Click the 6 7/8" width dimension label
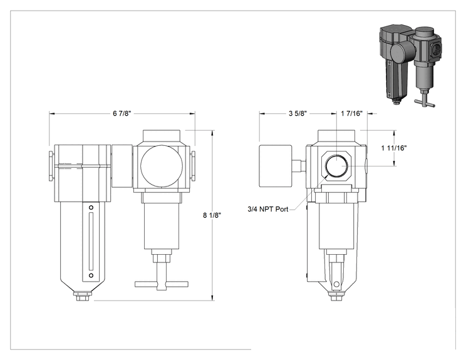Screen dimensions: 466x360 (x=122, y=113)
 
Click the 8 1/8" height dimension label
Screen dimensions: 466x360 (x=212, y=215)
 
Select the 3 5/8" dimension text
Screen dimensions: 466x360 (x=298, y=113)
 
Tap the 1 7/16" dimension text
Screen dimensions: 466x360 (x=352, y=113)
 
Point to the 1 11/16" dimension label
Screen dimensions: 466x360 (x=394, y=148)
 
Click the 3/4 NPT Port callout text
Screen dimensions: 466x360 (x=268, y=209)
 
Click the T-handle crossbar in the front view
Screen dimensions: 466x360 (x=162, y=284)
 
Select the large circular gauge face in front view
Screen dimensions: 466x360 (x=162, y=167)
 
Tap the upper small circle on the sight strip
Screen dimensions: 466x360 (x=91, y=207)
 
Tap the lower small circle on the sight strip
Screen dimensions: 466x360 (x=91, y=275)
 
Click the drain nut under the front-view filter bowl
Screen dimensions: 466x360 (x=84, y=296)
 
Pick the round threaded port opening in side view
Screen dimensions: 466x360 (x=337, y=166)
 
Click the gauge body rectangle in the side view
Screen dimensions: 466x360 (x=276, y=166)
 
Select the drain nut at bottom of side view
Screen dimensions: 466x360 (x=337, y=296)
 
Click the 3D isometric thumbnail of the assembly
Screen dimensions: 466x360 (x=410, y=65)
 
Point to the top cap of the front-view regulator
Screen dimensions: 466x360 (x=162, y=137)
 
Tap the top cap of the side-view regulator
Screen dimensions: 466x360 (x=336, y=137)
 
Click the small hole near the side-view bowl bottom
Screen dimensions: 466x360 (x=336, y=284)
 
